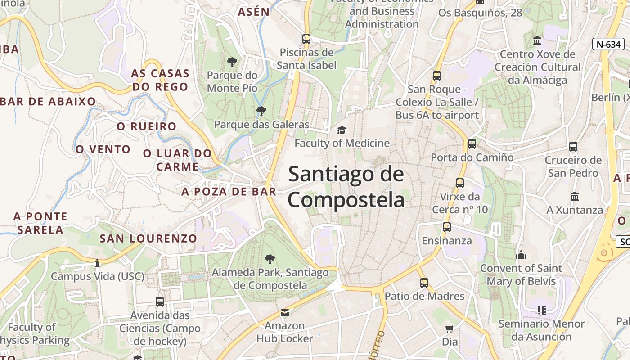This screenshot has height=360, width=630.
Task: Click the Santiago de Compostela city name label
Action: click(346, 186)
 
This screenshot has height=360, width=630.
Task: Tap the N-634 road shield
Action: click(608, 44)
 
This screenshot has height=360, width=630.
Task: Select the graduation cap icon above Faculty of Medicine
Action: click(342, 130)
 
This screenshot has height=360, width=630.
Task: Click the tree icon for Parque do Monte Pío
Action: click(232, 62)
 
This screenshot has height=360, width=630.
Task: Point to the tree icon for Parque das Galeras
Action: click(261, 111)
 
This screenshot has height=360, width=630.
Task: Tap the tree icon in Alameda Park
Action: click(270, 259)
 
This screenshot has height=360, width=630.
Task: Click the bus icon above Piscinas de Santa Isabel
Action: click(306, 39)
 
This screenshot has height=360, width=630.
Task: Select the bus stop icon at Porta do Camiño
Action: click(472, 144)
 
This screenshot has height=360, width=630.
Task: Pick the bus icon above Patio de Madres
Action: click(424, 283)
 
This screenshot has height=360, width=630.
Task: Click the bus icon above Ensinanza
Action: click(447, 227)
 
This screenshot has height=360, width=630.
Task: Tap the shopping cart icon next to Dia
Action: click(449, 328)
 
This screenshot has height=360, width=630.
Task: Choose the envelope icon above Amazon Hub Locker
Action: click(284, 312)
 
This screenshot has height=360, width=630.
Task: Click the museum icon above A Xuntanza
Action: click(575, 196)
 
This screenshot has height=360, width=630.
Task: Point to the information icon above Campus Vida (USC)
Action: click(97, 262)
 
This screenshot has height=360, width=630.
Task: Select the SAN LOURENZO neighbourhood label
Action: click(148, 238)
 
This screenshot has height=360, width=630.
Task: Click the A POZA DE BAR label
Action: click(229, 192)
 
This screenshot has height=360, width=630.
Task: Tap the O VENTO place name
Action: click(103, 149)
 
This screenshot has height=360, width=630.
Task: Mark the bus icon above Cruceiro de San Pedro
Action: click(573, 146)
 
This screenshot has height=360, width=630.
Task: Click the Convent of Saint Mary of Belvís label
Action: click(521, 274)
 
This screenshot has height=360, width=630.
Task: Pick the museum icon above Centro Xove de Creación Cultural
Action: click(537, 41)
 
